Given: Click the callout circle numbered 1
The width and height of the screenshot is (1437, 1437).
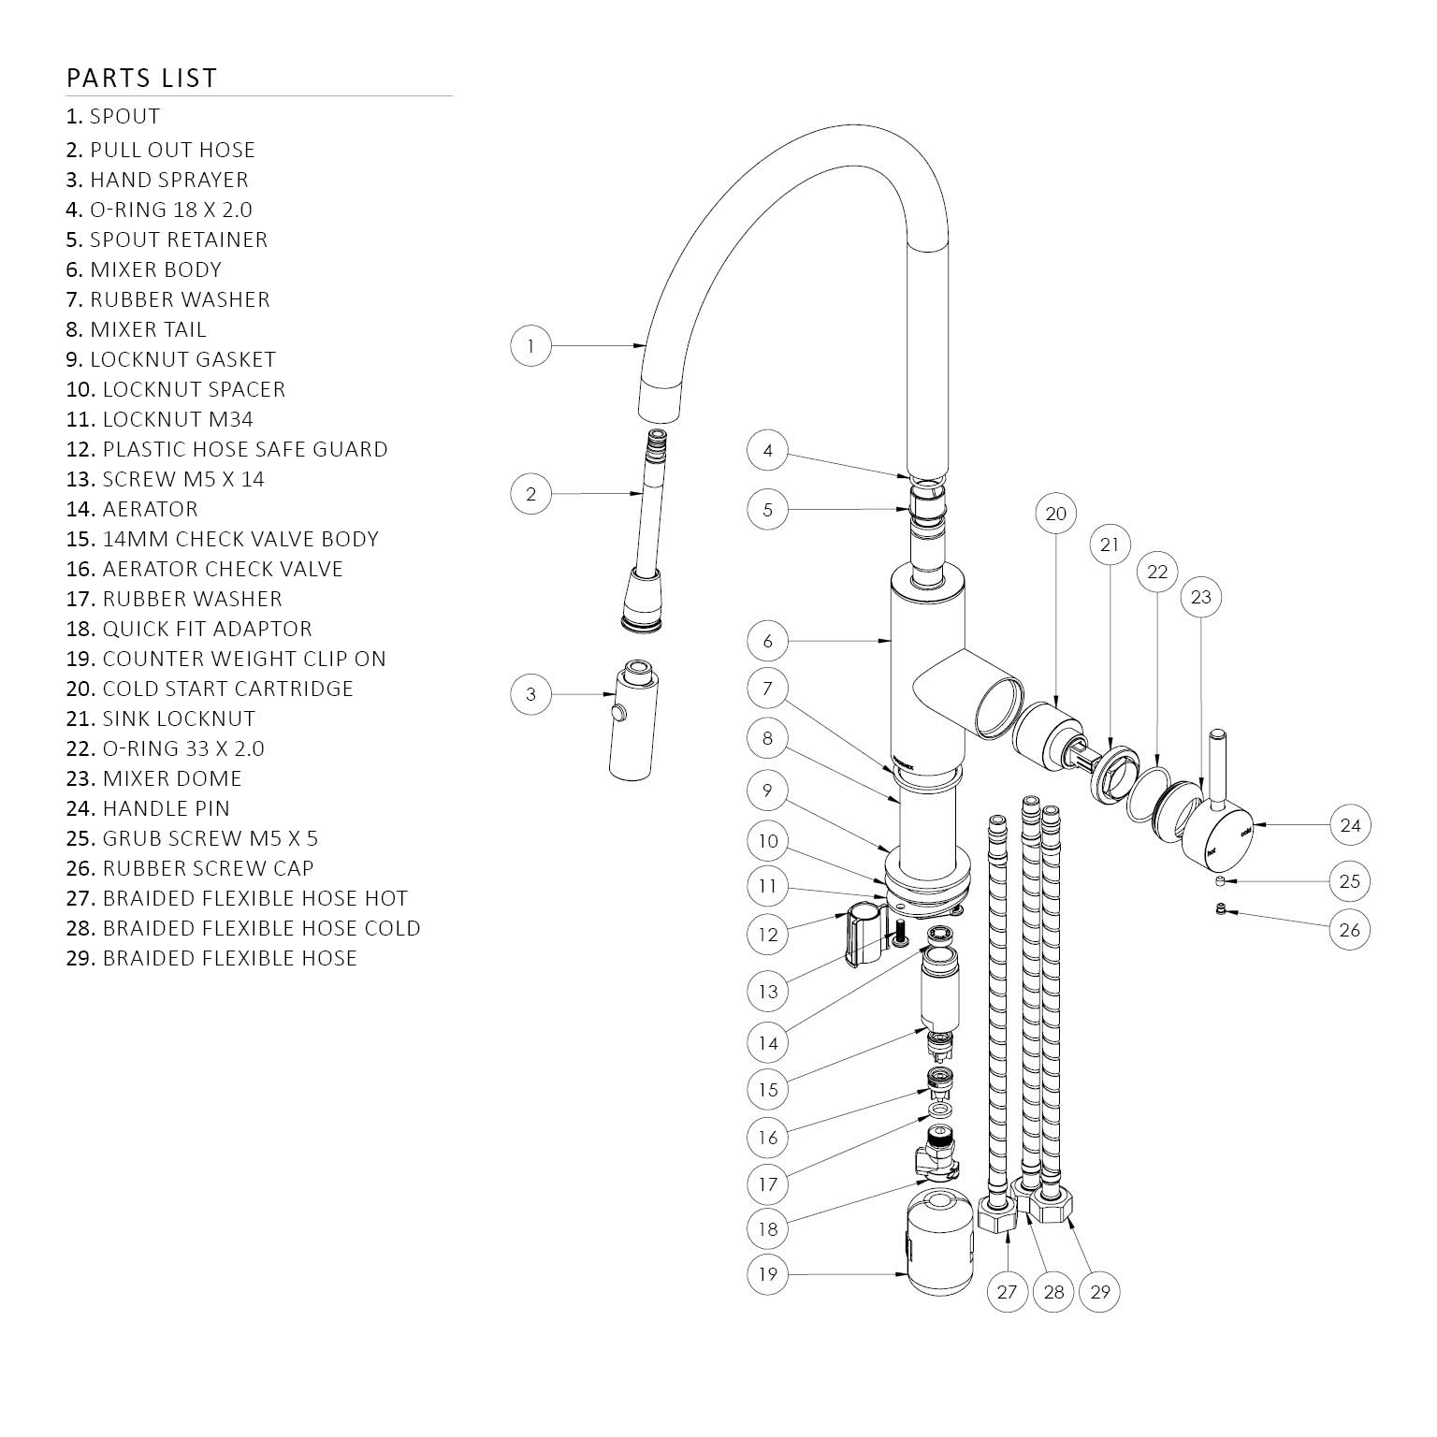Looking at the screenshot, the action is [x=531, y=346].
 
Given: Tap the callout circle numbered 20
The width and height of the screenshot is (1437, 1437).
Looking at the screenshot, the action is [x=1055, y=514].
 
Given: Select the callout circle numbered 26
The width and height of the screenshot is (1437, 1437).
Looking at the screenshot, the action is [x=1349, y=929].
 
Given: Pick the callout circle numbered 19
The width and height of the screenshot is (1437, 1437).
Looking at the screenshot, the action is [x=768, y=1273].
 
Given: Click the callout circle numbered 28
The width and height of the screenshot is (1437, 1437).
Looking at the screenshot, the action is [x=1053, y=1292].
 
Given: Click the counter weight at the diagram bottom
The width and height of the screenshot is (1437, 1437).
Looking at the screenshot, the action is [x=941, y=1241].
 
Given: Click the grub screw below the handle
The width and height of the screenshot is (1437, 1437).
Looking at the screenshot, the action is [x=1220, y=882].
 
